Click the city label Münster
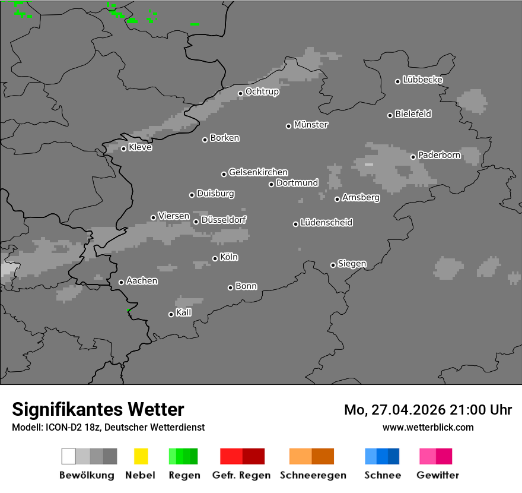(x=311, y=125)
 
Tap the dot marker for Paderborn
(x=413, y=157)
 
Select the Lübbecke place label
(x=422, y=80)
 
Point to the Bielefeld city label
(x=413, y=114)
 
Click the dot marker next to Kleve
(x=123, y=148)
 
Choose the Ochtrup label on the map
(x=262, y=91)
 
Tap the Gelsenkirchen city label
(x=258, y=172)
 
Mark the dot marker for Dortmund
(x=271, y=184)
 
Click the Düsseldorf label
(x=224, y=220)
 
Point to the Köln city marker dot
(x=215, y=258)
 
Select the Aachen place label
(x=142, y=281)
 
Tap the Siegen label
(x=352, y=264)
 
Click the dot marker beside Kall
(x=171, y=314)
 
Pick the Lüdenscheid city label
(x=326, y=223)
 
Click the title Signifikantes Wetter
(x=98, y=409)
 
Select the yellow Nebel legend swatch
(x=141, y=456)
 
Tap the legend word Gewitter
(x=438, y=475)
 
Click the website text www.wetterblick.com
(x=428, y=427)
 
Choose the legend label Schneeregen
(x=313, y=475)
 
